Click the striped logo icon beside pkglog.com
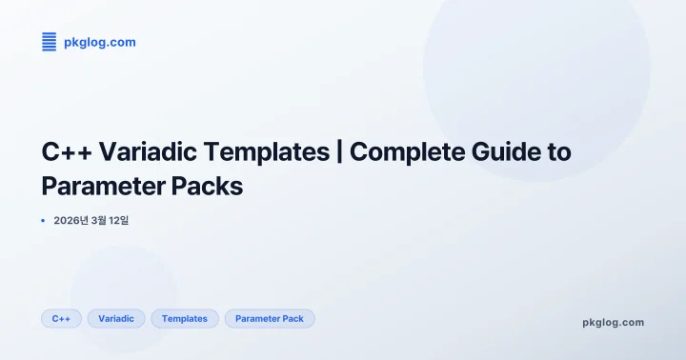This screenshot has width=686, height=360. pos(50,41)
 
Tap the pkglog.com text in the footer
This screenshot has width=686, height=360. pos(613,322)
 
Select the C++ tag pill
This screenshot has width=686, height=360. pos(61,318)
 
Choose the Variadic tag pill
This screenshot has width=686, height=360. pos(116,318)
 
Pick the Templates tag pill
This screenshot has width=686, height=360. pos(185,318)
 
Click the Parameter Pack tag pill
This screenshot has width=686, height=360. pos(270,318)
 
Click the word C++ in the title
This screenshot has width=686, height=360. pos(65,151)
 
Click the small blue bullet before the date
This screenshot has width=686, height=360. pos(43,221)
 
